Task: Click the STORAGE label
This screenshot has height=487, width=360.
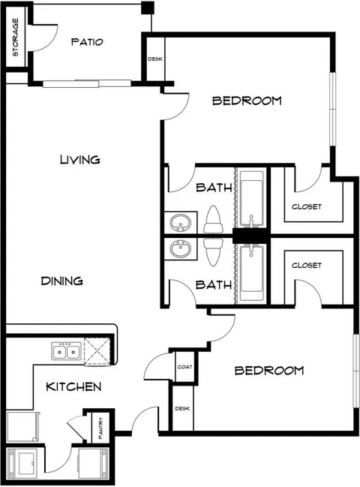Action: tap(15, 38)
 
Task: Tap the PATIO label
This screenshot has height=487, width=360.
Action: tap(87, 42)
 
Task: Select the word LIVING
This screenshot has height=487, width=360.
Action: tap(80, 160)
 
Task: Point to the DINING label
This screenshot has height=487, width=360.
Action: tap(62, 281)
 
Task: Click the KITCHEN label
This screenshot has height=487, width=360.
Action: tap(73, 386)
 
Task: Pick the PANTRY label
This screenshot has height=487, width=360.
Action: tap(100, 428)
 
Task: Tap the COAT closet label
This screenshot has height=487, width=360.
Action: tap(184, 367)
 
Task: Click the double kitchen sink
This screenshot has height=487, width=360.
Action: tap(66, 351)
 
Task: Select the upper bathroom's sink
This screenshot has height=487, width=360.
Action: tap(180, 223)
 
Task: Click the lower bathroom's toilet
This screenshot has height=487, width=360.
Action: tap(213, 251)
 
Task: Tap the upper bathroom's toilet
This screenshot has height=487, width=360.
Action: tap(213, 219)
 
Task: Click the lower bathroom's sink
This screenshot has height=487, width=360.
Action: tap(180, 249)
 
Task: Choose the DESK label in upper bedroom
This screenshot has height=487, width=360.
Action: tap(154, 59)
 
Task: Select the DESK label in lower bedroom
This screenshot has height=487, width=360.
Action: tap(182, 408)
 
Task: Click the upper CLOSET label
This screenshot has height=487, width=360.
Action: tap(307, 206)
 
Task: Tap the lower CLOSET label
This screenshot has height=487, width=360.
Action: tap(307, 265)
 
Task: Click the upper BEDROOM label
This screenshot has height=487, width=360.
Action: tap(247, 101)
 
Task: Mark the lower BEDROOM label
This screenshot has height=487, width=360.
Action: tap(269, 370)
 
